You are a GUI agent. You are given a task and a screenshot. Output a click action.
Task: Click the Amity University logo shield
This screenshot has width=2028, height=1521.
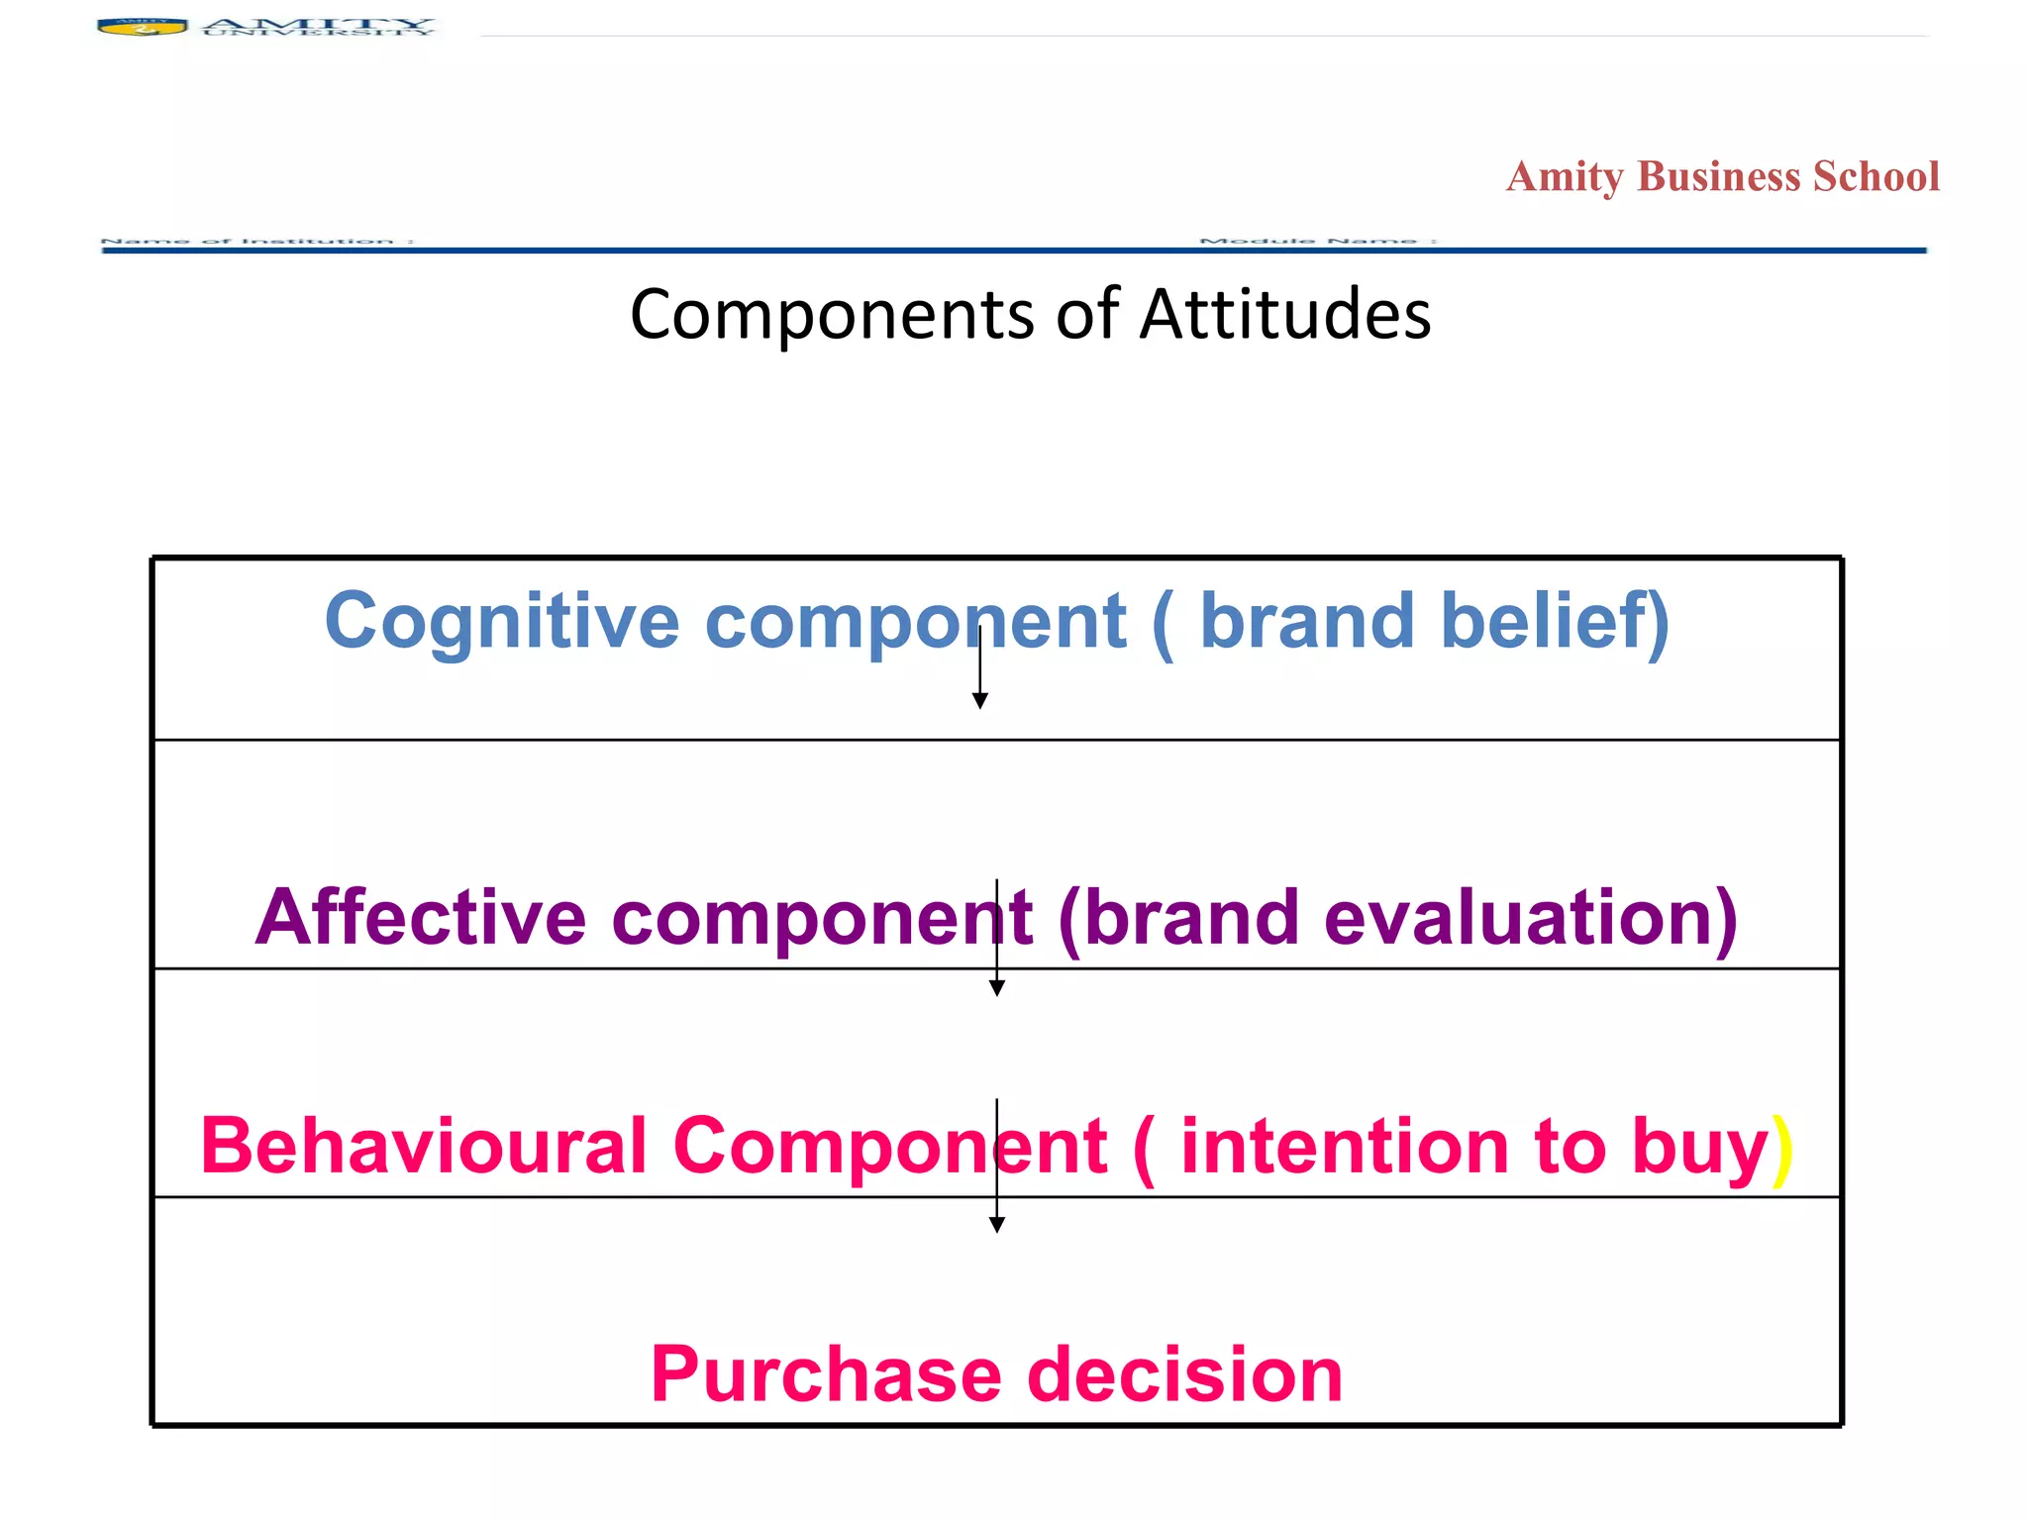(143, 27)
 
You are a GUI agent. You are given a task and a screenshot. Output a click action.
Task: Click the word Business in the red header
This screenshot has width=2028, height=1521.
(1718, 177)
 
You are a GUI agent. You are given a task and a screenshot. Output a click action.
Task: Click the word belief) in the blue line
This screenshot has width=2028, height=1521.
(1555, 622)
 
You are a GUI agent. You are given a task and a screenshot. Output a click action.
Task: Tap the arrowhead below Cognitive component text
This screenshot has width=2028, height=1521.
(979, 701)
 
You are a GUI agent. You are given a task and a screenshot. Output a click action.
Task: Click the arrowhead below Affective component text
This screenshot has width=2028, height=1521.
(997, 988)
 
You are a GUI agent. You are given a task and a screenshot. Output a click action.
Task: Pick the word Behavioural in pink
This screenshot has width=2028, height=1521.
(424, 1147)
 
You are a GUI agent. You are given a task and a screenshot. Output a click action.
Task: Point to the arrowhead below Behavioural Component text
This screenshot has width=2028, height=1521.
(997, 1225)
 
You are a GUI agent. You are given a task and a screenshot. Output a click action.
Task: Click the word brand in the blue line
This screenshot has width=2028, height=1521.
(1306, 622)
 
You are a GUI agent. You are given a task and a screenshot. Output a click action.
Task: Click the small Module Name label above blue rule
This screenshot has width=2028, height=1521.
(1316, 241)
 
